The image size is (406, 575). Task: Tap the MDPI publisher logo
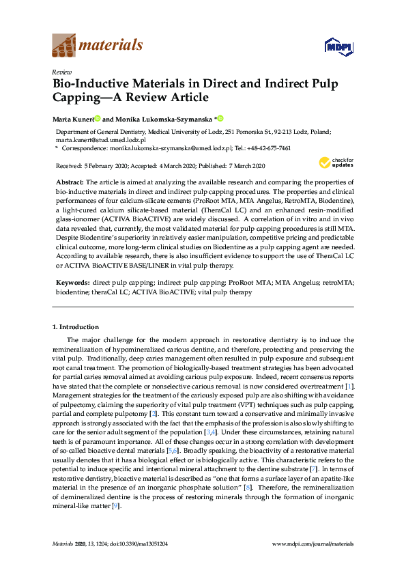(338, 46)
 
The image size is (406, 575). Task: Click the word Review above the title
(62, 72)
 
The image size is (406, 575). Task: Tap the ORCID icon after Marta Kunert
(98, 118)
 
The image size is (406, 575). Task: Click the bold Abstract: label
(69, 182)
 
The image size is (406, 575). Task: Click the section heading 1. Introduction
(75, 326)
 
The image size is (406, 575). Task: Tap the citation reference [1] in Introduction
(350, 387)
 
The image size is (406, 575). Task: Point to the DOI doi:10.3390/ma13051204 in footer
(139, 562)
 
